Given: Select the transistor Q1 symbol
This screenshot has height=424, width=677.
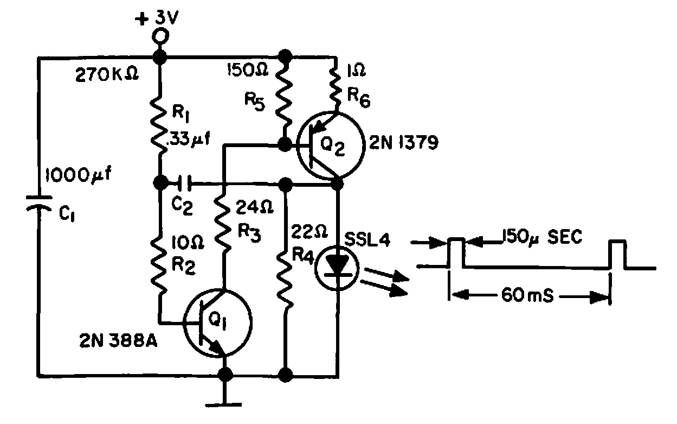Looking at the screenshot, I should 217,322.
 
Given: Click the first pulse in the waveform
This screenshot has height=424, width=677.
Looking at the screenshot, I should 456,252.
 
